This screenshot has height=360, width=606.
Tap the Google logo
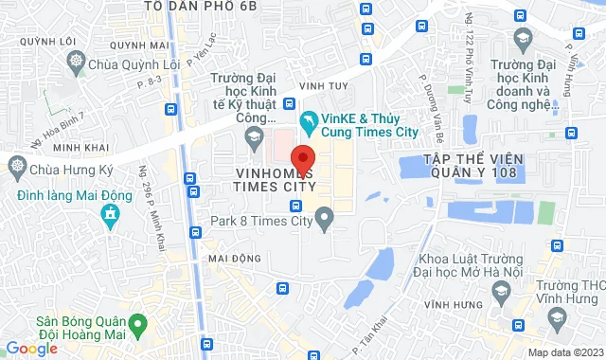click(x=30, y=349)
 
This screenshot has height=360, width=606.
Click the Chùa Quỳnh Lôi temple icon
click(x=78, y=64)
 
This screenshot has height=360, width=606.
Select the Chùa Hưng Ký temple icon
click(x=18, y=169)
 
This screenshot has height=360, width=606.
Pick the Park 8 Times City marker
click(x=325, y=223)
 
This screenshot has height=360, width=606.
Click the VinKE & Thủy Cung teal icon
click(x=309, y=120)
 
